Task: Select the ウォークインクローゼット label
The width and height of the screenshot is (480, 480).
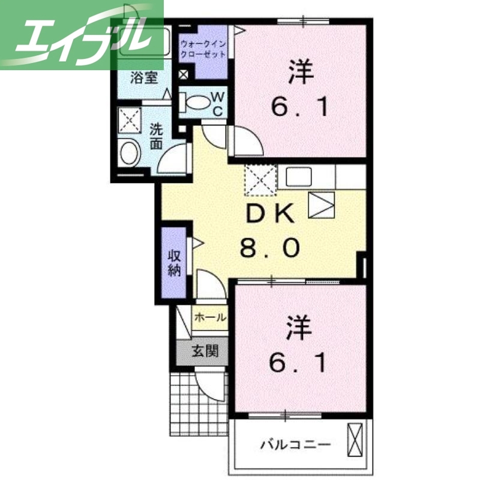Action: click(x=203, y=49)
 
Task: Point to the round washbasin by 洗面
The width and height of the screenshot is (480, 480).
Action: click(x=130, y=153)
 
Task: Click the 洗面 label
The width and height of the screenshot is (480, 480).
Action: click(x=156, y=136)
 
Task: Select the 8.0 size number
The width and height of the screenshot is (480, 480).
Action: click(x=270, y=247)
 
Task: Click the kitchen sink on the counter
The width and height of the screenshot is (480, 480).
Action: click(x=298, y=176)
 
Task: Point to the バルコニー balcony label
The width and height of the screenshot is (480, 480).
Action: click(x=295, y=445)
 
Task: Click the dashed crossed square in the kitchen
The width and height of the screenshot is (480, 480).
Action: click(x=260, y=179)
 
